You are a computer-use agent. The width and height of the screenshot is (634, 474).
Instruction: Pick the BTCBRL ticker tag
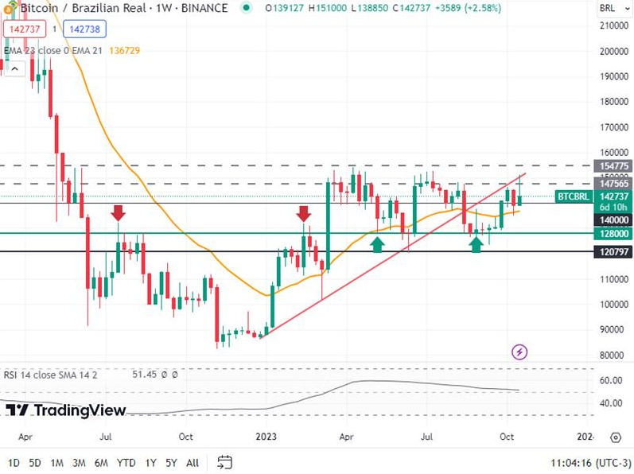pyautogui.click(x=574, y=196)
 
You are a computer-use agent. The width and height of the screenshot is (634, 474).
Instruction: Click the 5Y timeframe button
pyautogui.click(x=172, y=462)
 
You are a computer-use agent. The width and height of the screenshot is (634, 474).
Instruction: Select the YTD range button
pyautogui.click(x=126, y=462)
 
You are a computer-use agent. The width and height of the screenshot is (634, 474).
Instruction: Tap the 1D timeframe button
pyautogui.click(x=14, y=462)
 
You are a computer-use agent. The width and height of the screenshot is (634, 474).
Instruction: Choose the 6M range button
pyautogui.click(x=101, y=462)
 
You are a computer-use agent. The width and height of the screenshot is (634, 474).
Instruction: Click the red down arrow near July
pyautogui.click(x=118, y=212)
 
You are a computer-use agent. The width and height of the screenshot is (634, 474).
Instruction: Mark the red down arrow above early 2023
pyautogui.click(x=303, y=212)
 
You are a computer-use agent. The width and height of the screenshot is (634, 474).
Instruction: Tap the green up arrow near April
pyautogui.click(x=378, y=244)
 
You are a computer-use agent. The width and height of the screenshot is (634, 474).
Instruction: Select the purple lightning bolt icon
pyautogui.click(x=519, y=351)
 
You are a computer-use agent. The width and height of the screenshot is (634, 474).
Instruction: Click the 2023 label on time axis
pyautogui.click(x=267, y=437)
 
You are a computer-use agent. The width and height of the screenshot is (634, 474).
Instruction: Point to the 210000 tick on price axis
pyautogui.click(x=612, y=25)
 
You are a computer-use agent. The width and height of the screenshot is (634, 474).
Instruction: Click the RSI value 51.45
pyautogui.click(x=146, y=374)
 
